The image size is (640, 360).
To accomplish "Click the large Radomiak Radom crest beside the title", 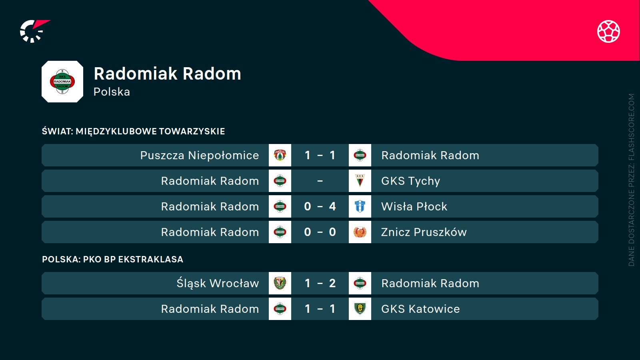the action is click(x=62, y=82).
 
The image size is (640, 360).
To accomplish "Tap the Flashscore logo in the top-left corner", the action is click(x=35, y=31).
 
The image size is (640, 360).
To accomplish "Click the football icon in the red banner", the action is click(x=608, y=31).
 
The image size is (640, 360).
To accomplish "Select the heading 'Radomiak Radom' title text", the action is click(x=168, y=74).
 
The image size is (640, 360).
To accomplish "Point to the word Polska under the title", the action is click(x=112, y=92).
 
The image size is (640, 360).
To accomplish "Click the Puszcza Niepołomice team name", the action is click(x=200, y=155).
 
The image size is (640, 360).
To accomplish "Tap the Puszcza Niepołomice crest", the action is click(x=280, y=155).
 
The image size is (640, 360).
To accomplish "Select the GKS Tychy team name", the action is click(x=410, y=181).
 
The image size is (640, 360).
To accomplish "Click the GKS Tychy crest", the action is click(x=360, y=181).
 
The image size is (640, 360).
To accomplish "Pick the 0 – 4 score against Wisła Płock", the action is click(x=320, y=206).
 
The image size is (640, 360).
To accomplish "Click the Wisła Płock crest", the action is click(x=360, y=206).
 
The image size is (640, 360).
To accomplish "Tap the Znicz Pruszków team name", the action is click(x=424, y=232).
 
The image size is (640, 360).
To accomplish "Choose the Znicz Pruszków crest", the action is click(x=360, y=232).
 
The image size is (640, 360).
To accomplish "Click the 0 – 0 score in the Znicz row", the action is click(x=320, y=232).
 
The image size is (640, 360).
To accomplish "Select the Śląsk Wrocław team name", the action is click(x=218, y=283).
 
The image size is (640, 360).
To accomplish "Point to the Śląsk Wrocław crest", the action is click(x=280, y=283).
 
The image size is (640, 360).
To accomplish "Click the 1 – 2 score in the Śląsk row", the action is click(x=320, y=283).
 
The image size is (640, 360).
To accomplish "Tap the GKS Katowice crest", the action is click(x=360, y=308).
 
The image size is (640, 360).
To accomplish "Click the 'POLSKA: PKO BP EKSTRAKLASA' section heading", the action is click(x=112, y=259).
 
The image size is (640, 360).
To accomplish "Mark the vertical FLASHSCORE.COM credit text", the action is click(x=632, y=180).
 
